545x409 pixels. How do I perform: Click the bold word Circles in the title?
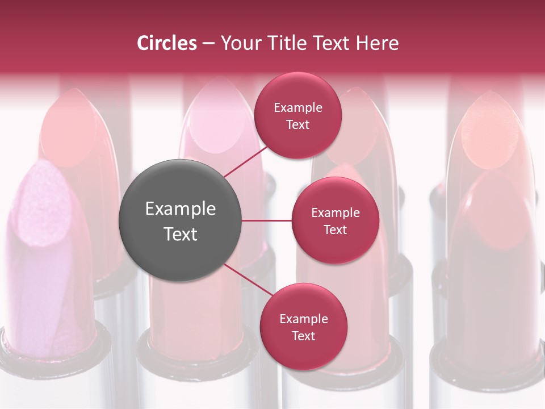pos(167,43)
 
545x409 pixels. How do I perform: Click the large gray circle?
pos(180,220)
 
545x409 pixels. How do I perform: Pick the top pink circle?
pos(297,115)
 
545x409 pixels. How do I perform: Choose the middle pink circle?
pos(335,220)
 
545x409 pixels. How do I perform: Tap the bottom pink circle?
pos(303,327)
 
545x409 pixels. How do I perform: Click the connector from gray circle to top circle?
pos(245,162)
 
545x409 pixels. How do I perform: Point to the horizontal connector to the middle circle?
pos(266,220)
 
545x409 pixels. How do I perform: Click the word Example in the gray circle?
pos(181,208)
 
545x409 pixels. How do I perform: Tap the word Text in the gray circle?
pos(181,234)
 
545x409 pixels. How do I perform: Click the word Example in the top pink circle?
pos(298,107)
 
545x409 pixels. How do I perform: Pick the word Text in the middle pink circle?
pos(335,229)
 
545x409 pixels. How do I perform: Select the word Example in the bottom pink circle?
pos(304,319)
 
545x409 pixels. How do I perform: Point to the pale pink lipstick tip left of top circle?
pos(219,122)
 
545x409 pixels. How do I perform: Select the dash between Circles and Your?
pos(208,44)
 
